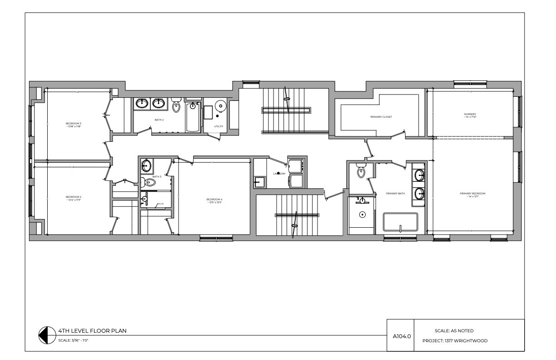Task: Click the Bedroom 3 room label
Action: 74,124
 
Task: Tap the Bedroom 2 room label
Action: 74,197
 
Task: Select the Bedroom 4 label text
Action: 214,200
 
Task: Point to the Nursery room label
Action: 470,115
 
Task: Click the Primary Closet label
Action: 381,117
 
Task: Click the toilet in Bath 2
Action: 176,106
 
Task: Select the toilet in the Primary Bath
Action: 362,172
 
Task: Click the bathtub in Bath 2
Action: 193,117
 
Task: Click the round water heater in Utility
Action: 220,105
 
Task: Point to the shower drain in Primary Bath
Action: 362,214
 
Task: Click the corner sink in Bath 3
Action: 146,165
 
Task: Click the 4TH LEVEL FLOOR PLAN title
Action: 92,331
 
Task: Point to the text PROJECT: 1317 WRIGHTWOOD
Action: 455,340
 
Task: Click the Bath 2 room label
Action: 159,120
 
